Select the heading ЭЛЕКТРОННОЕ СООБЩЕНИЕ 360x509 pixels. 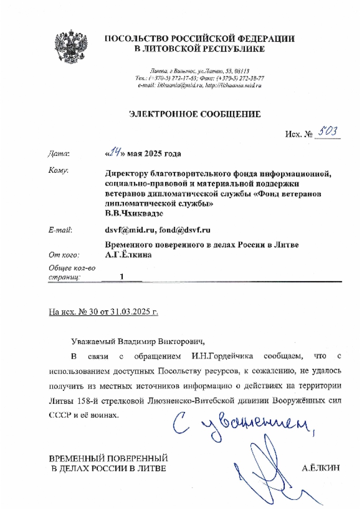coord(194,114)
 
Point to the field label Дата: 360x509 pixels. coord(59,154)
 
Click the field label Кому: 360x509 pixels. coord(58,171)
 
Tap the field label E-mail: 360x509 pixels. coord(60,230)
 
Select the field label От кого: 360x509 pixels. coord(64,255)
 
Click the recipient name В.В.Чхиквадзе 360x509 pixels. coord(134,214)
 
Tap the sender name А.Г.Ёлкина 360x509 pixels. coord(128,255)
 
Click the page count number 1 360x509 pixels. coord(122,277)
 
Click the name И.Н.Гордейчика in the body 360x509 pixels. coord(222,356)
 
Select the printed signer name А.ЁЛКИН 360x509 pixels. coord(321,468)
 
